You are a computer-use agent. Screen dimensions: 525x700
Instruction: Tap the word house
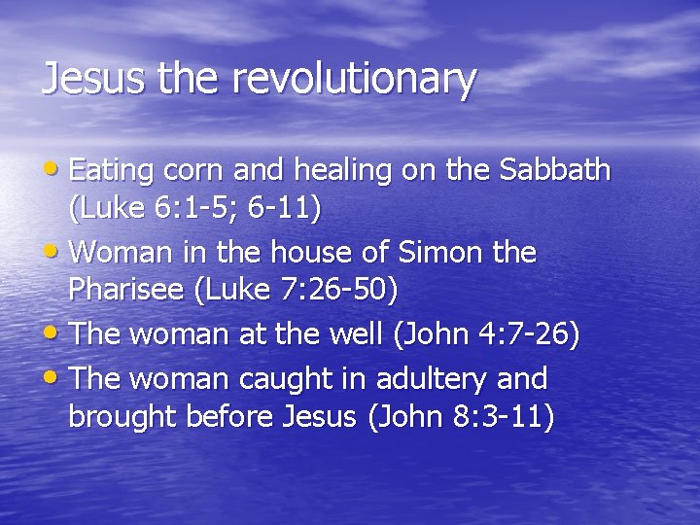(297, 253)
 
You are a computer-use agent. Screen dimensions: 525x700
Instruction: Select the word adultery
(443, 377)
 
